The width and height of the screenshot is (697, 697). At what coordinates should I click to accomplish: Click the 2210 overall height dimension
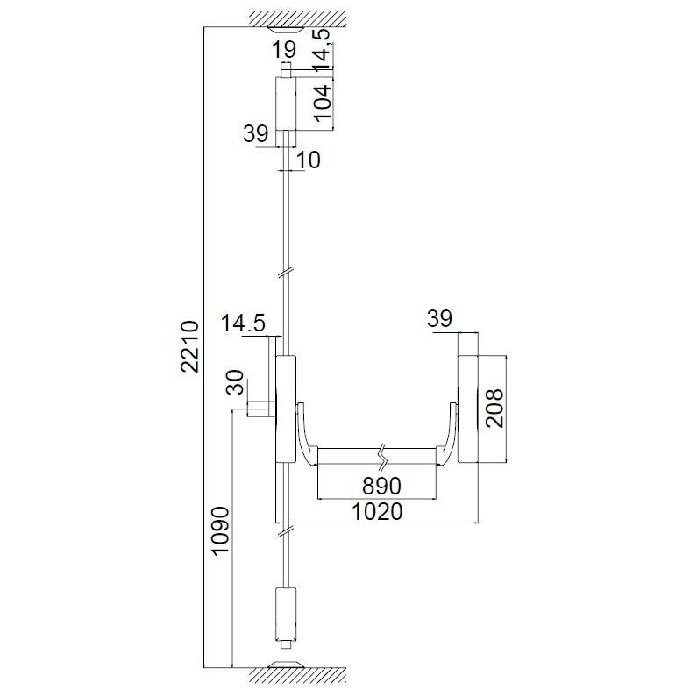[189, 345]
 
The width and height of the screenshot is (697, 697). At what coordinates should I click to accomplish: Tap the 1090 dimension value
[220, 530]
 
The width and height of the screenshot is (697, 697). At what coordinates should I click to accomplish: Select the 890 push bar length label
[381, 486]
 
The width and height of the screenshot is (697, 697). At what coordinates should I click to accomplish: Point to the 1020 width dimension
[377, 512]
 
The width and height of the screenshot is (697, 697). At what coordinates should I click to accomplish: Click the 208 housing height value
[494, 408]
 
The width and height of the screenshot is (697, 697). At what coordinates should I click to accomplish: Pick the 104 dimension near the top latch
[323, 103]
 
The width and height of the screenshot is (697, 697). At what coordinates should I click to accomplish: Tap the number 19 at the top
[284, 50]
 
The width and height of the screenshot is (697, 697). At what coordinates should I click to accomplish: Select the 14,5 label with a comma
[323, 49]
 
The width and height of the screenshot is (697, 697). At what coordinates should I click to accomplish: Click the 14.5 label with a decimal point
[243, 324]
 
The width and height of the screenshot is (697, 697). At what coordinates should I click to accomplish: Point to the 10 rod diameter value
[308, 160]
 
